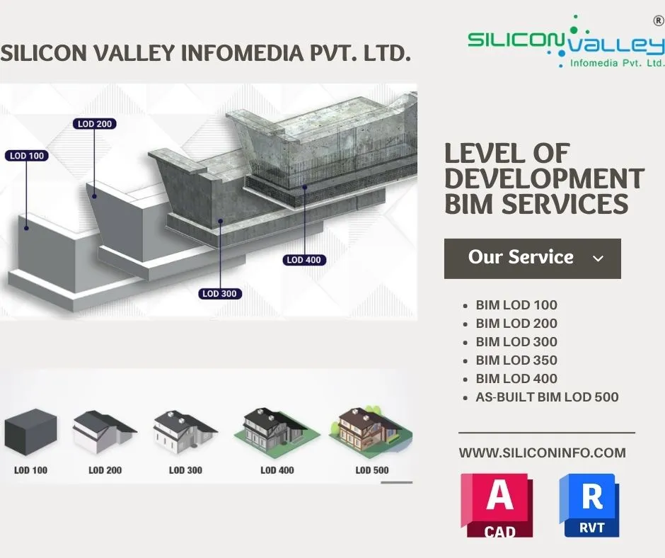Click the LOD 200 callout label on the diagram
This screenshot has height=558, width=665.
(95, 124)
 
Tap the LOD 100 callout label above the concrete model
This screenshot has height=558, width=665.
(27, 156)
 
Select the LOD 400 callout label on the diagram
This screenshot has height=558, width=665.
(304, 260)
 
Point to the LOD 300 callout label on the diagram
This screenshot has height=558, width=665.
(220, 293)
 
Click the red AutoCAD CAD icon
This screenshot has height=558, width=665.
(497, 506)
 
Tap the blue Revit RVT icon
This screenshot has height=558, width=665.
(589, 506)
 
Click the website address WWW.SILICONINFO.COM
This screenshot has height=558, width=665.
(542, 452)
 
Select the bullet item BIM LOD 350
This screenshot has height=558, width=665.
(516, 360)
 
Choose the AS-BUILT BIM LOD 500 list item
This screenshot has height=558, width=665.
(547, 397)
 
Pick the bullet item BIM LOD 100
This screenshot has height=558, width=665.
(516, 305)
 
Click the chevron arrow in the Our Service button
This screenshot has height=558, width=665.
(598, 258)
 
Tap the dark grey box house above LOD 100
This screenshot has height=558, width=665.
(30, 432)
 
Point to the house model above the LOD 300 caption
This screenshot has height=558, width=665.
(185, 431)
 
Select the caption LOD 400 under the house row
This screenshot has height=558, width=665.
(277, 470)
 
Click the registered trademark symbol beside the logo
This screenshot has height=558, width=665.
(659, 21)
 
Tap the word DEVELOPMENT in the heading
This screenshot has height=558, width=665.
(545, 178)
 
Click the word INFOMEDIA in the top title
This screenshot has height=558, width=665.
(242, 53)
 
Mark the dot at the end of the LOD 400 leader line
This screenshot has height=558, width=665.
(304, 187)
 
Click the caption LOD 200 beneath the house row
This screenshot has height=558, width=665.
(105, 470)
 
